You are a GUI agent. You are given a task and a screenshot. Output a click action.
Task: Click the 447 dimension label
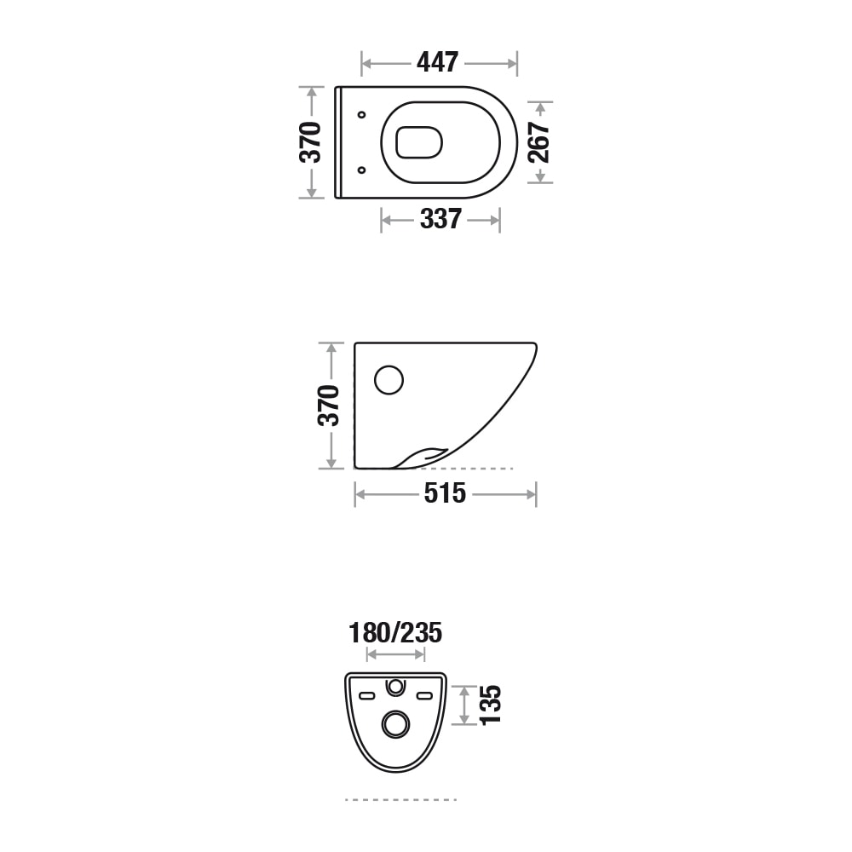[x=437, y=62]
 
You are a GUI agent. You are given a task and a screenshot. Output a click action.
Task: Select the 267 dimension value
[x=539, y=142]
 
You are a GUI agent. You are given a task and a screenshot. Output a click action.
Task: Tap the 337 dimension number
[x=440, y=219]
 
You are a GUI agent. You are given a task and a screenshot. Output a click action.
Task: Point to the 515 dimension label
[x=445, y=493]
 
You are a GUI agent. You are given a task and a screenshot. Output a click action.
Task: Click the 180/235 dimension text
[x=395, y=633]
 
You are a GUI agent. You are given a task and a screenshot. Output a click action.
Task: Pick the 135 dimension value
[x=490, y=705]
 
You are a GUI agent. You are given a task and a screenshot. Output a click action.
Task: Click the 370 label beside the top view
[x=311, y=142]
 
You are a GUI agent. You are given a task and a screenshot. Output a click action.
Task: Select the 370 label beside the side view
[x=329, y=406]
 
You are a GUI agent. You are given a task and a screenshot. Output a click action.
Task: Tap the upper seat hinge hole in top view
[x=361, y=115]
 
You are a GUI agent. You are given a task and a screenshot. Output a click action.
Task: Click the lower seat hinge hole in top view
[x=361, y=170]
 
